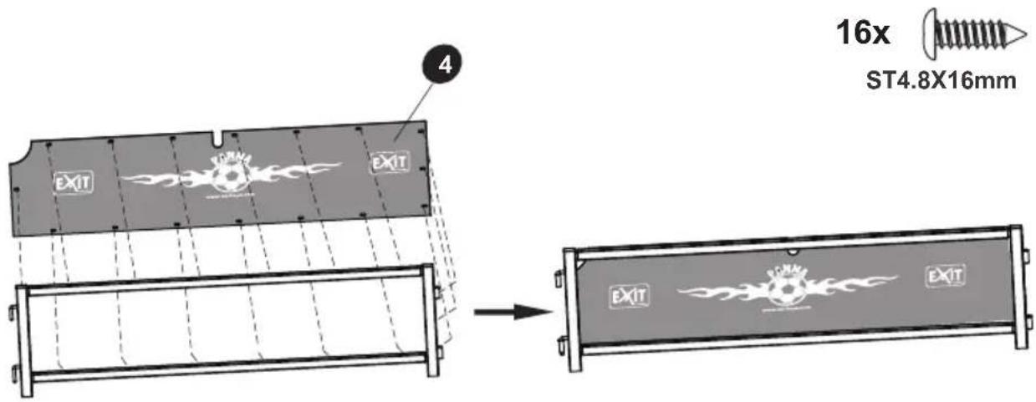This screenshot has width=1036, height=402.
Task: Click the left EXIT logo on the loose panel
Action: point(74,181)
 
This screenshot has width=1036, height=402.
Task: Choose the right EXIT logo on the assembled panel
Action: point(945,275)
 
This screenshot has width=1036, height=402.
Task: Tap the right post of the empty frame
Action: point(429,322)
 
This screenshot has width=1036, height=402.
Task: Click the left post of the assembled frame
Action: point(573,310)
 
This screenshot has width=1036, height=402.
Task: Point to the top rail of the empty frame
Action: point(226,281)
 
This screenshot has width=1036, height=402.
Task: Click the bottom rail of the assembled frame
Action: point(794,343)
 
